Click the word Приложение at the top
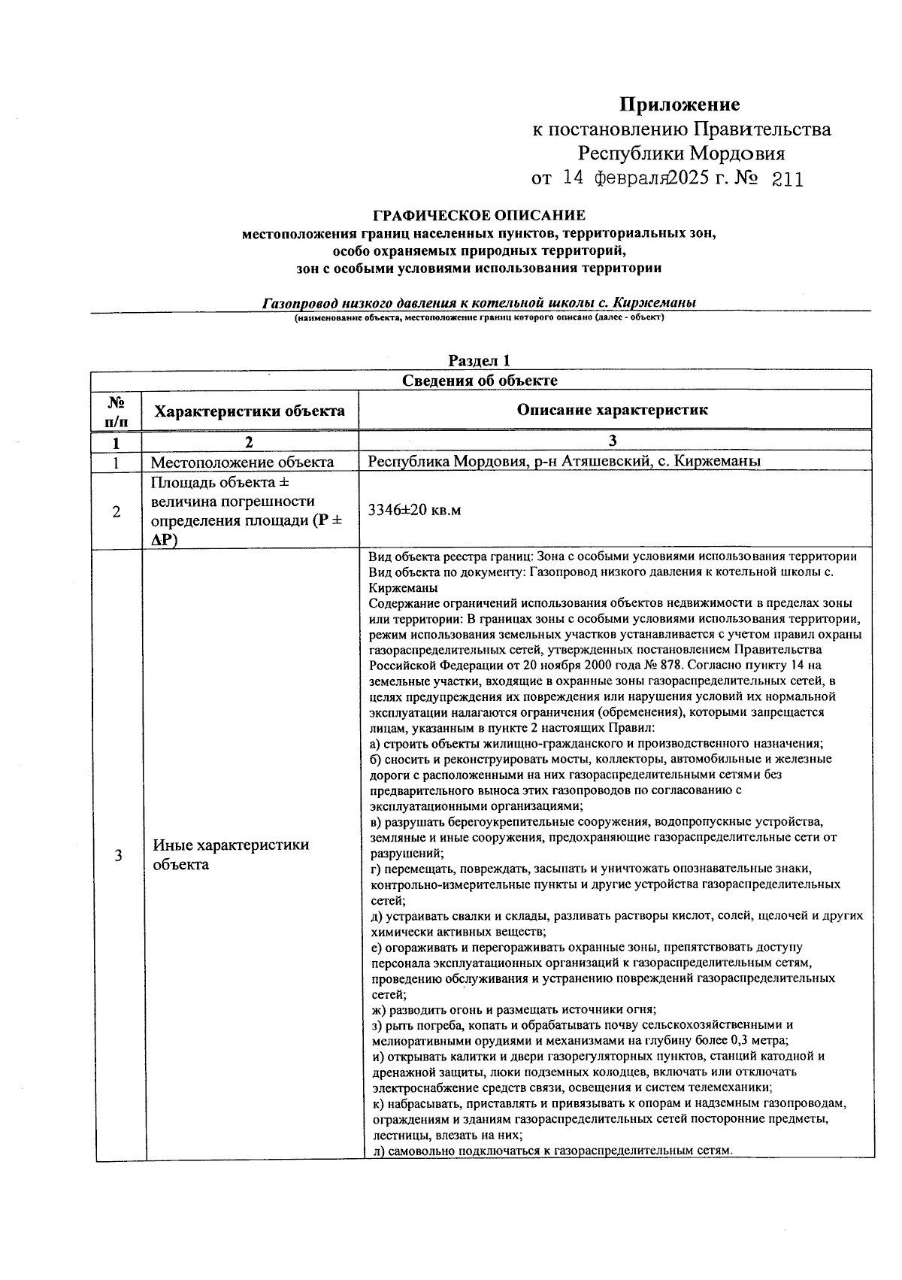[x=679, y=105]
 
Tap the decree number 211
[x=787, y=180]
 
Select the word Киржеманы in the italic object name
[x=654, y=303]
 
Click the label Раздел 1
[x=480, y=361]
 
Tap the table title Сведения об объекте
[x=480, y=381]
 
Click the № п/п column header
[x=116, y=411]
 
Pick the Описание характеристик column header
[x=613, y=410]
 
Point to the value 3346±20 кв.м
[x=414, y=510]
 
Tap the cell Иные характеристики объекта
[x=231, y=854]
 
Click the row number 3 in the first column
[x=117, y=855]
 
